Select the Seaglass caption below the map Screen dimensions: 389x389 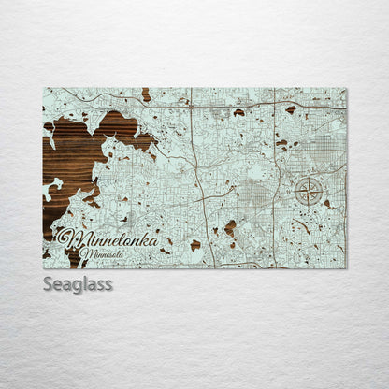(78, 283)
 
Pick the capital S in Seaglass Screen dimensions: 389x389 (49, 283)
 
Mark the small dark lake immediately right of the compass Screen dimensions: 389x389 (327, 202)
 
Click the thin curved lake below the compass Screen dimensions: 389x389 (303, 225)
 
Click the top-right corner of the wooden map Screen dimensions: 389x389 (345, 89)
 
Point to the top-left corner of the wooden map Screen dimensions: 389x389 (44, 89)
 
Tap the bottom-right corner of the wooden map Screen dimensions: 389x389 (345, 267)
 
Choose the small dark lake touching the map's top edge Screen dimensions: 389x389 (146, 94)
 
